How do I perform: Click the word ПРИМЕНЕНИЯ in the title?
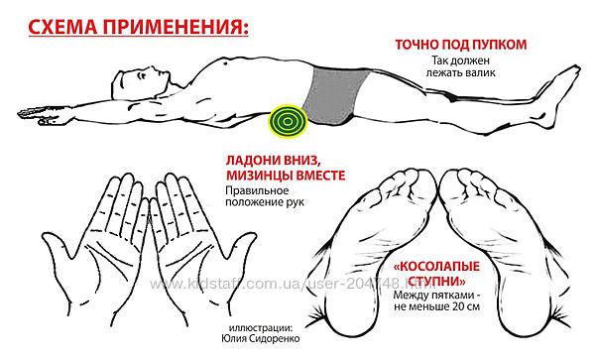click(x=176, y=27)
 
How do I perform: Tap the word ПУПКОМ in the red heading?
click(x=501, y=45)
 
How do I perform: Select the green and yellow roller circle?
click(x=288, y=121)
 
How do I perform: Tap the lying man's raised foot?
click(x=557, y=95)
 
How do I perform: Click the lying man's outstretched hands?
click(x=46, y=115)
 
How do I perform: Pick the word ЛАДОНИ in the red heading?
click(x=252, y=160)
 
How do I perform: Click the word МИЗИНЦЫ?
click(x=259, y=176)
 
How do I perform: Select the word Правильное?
click(x=257, y=190)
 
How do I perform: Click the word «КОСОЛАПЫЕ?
click(x=436, y=267)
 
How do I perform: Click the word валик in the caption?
click(x=482, y=72)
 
